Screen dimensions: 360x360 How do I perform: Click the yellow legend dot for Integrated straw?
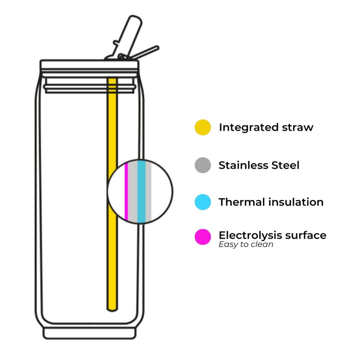pyautogui.click(x=203, y=127)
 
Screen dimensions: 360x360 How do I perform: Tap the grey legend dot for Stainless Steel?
pyautogui.click(x=203, y=165)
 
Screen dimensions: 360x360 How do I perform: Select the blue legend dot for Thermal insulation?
pyautogui.click(x=203, y=202)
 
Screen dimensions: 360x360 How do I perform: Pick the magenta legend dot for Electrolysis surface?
pyautogui.click(x=203, y=237)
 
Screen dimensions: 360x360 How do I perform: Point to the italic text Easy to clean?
pyautogui.click(x=246, y=245)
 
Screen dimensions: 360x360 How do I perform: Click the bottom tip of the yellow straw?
pyautogui.click(x=113, y=308)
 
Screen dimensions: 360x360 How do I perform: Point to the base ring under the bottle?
pyautogui.click(x=90, y=333)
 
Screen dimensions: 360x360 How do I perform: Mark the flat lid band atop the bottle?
pyautogui.click(x=89, y=65)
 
